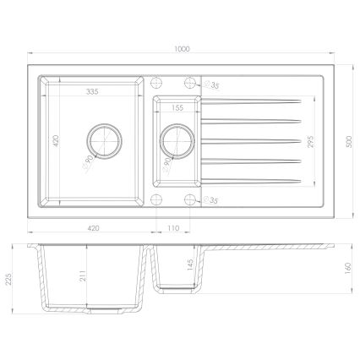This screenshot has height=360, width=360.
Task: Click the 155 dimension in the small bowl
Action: (177, 109)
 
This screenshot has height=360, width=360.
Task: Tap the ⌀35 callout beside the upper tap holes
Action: (214, 86)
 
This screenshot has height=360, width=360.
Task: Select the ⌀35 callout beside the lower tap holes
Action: (214, 199)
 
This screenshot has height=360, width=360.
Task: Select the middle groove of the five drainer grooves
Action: (249, 140)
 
